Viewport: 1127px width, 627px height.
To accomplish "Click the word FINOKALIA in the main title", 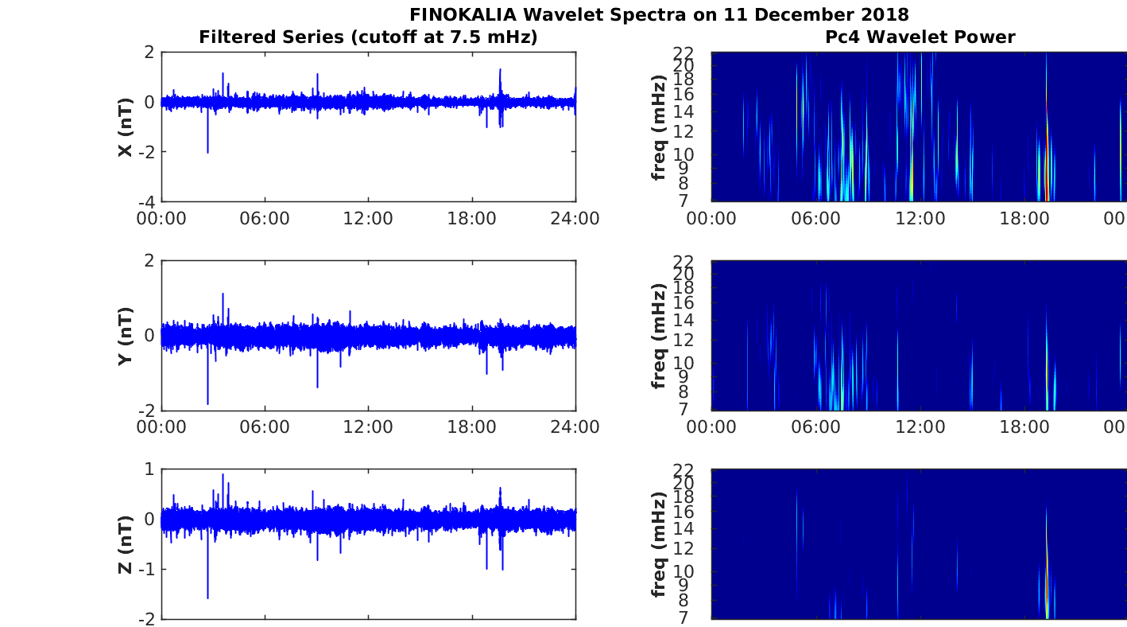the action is click(463, 14).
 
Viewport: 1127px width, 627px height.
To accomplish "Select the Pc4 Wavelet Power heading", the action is click(920, 37).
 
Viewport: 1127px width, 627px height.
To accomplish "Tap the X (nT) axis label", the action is click(126, 127).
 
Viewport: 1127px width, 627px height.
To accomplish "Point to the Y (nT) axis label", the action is click(126, 336).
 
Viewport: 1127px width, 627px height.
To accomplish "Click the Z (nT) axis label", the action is click(126, 544).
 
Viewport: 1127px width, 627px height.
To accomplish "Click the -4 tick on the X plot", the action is click(147, 202).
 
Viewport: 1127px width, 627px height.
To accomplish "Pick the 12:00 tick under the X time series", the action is click(368, 219).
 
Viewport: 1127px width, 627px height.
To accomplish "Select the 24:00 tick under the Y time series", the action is click(575, 427).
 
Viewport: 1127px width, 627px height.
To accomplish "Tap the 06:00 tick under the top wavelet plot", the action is click(815, 219).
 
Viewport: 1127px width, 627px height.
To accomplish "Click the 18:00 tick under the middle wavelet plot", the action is click(1024, 427).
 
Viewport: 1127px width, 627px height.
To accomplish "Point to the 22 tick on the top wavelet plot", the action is click(684, 53).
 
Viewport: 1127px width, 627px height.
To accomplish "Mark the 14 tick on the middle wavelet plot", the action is click(684, 320).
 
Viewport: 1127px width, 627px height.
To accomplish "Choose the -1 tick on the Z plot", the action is click(147, 569).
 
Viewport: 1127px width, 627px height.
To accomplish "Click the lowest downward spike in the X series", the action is click(207, 152).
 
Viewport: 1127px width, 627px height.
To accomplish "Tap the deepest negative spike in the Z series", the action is click(207, 598).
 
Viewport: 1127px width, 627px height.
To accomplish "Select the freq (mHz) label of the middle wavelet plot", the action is click(658, 336).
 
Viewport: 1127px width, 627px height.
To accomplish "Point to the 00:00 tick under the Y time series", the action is click(161, 427).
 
